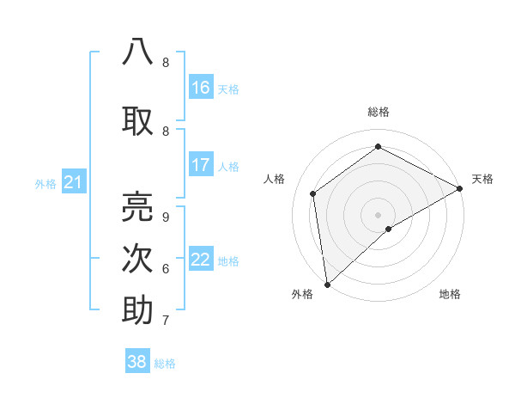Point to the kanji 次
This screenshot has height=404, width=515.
point(137,259)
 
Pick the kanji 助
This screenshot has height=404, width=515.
point(137,310)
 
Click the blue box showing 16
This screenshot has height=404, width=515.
point(201,88)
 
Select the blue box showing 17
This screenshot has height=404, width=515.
point(201,165)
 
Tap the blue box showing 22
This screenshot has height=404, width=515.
point(201,260)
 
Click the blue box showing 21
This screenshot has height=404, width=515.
point(73,182)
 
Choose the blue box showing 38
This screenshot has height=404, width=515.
point(137,362)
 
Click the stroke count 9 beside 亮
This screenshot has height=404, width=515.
point(165,217)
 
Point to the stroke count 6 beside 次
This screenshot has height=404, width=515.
point(165,269)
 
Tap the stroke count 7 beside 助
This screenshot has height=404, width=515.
point(165,321)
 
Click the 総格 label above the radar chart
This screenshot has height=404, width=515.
point(378,112)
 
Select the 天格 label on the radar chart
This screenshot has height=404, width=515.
point(482,179)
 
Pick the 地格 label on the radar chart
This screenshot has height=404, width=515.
point(450,294)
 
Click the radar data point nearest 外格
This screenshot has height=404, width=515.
point(326,285)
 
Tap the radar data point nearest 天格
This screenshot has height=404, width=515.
point(460,187)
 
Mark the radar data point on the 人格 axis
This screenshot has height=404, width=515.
point(313,193)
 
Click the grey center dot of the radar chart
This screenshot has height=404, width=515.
point(378,214)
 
